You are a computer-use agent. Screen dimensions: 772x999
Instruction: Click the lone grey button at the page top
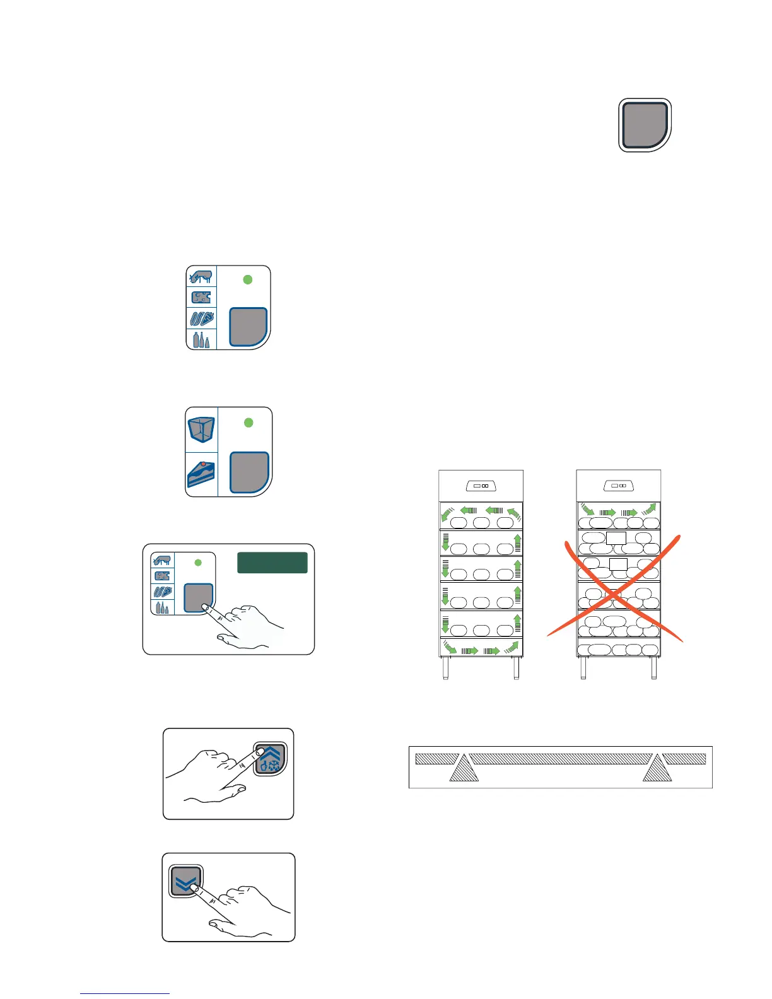pos(645,125)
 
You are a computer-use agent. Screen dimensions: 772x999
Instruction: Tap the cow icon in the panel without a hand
pos(202,277)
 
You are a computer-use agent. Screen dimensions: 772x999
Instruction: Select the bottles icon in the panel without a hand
pos(202,339)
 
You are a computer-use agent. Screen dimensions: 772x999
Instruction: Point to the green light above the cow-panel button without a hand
pos(248,279)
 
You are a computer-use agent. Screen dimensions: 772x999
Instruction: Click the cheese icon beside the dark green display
pos(163,576)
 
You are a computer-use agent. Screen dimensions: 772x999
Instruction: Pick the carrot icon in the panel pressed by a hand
pos(163,592)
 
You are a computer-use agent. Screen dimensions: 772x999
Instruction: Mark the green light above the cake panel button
pos(249,423)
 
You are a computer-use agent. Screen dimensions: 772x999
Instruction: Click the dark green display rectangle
pos(272,563)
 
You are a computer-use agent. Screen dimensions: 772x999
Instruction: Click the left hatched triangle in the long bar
pos(464,768)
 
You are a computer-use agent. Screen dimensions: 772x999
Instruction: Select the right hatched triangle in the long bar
pos(657,768)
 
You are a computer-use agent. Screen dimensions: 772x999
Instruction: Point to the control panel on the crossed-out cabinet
pos(619,486)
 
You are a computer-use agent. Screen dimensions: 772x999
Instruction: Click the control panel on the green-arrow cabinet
pos(481,486)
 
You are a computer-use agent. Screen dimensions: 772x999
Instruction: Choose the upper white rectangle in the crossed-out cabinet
pos(616,538)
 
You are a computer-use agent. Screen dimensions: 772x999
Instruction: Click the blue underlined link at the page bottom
pos(125,993)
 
